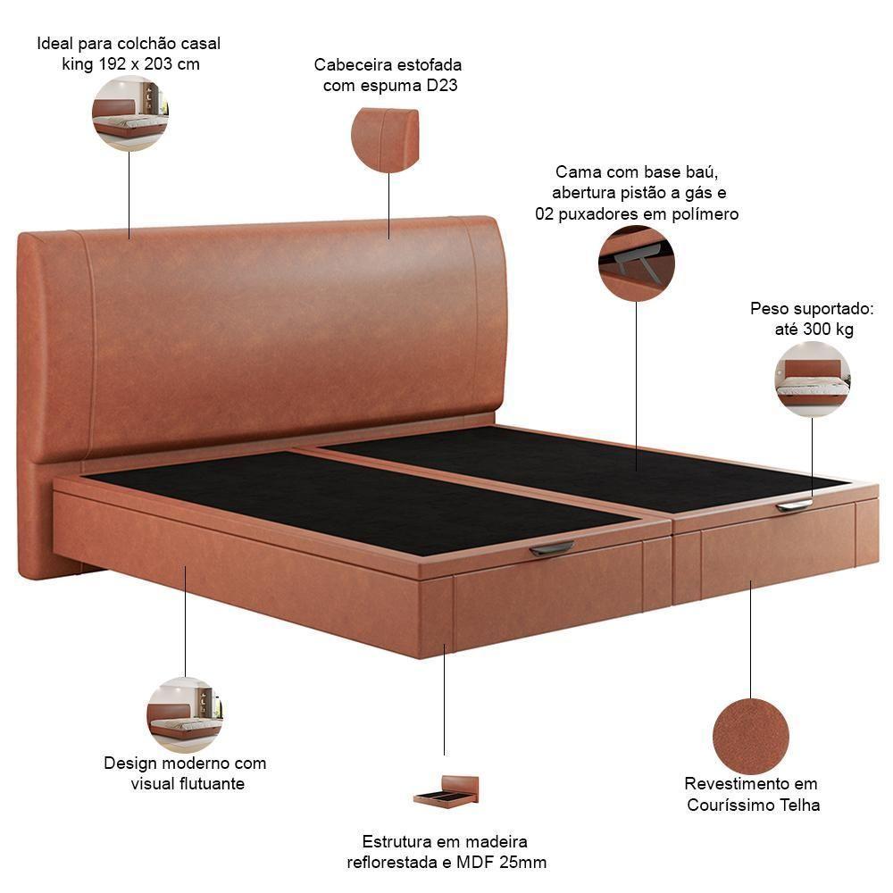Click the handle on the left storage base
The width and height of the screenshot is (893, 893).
click(552, 548)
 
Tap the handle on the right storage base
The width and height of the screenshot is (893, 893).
click(794, 506)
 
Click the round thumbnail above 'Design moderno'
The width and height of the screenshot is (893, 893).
click(185, 714)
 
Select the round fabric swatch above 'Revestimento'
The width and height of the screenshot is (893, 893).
click(751, 736)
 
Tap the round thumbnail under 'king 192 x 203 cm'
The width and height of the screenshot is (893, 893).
click(130, 113)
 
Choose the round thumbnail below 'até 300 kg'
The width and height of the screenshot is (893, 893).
click(812, 380)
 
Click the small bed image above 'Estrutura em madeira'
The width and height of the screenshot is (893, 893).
click(446, 791)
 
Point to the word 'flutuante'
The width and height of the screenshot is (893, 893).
click(210, 784)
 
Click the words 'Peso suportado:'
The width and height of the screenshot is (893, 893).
click(811, 309)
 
